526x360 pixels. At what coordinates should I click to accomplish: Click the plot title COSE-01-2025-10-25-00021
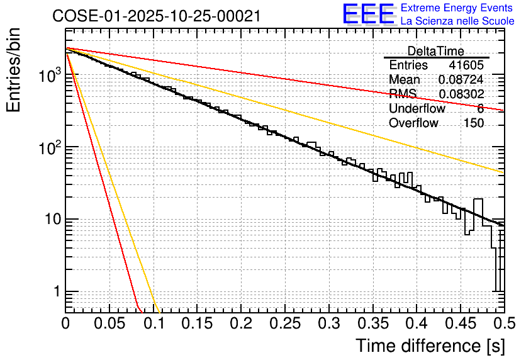pos(156,16)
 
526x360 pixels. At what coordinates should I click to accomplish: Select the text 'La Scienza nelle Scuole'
pos(457,21)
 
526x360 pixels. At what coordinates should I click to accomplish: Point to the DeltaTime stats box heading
pos(435,51)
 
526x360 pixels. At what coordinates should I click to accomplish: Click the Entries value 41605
pos(466,65)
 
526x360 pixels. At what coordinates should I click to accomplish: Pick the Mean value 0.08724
pos(461,80)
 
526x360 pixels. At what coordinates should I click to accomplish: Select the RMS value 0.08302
pos(461,94)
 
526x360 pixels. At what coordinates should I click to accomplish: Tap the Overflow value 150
pos(474,123)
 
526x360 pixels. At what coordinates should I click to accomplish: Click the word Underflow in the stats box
pos(417,109)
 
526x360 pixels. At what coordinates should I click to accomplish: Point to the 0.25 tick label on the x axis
pos(240,325)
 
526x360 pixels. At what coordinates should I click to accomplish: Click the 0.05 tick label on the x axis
pos(109,325)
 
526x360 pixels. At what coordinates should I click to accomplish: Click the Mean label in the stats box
pos(405,80)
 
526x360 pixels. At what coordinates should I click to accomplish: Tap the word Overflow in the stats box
pos(413,123)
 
